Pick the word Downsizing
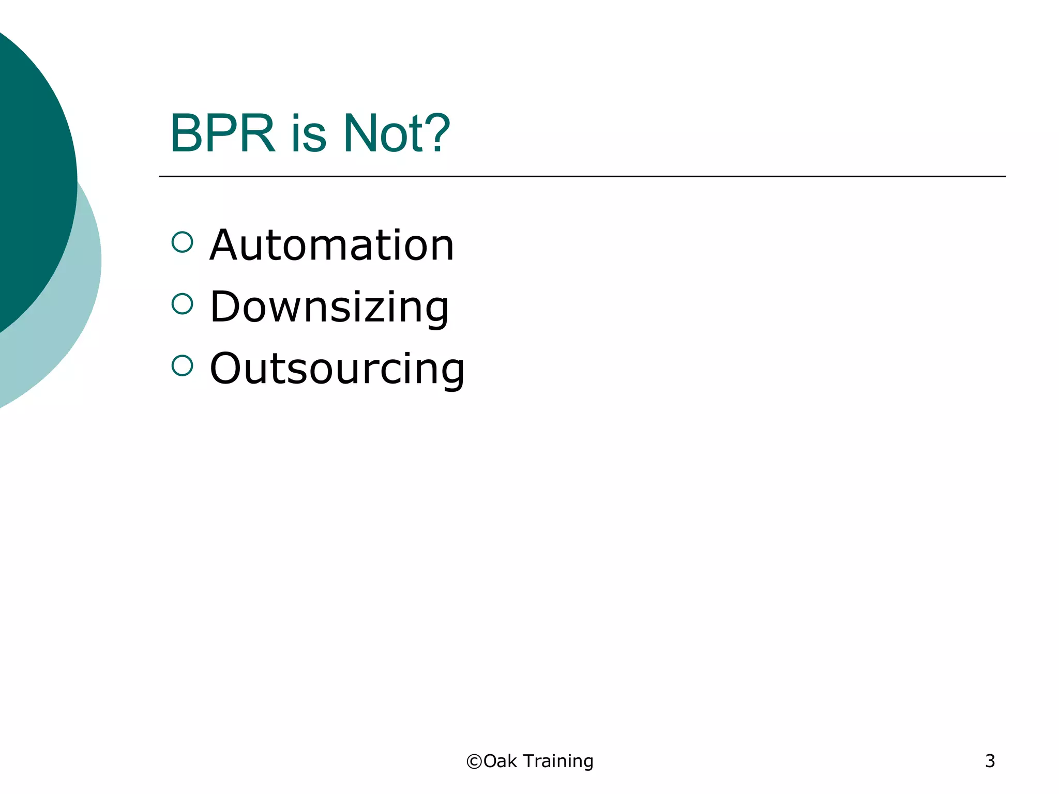coord(329,307)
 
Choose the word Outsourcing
coord(337,369)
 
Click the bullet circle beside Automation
coord(182,242)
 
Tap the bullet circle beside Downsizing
coord(182,304)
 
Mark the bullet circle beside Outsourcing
coord(182,365)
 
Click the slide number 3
coord(990,761)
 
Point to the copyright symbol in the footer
coord(474,761)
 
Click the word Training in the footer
coord(558,761)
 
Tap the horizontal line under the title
coord(582,176)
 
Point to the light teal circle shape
coord(78,310)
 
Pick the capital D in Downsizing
coord(225,307)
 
